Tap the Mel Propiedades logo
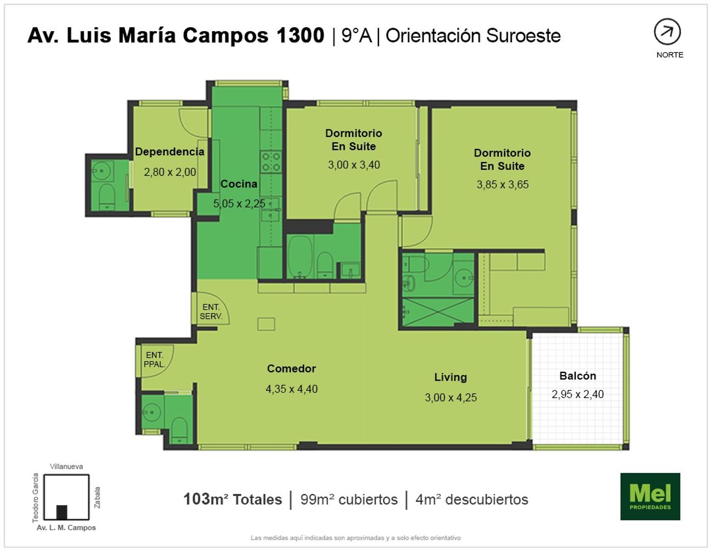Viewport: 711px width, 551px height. (x=650, y=496)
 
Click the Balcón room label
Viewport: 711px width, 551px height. (x=577, y=375)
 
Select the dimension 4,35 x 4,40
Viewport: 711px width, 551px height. (x=291, y=389)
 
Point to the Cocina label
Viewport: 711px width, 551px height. (x=238, y=184)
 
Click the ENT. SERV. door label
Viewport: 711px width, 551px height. (x=211, y=312)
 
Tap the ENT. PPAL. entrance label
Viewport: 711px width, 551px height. (x=155, y=359)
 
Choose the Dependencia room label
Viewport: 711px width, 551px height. (x=169, y=152)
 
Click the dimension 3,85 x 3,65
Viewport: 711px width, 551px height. (x=502, y=184)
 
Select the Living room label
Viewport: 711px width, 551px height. (x=451, y=377)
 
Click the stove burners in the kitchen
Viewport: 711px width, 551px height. (x=271, y=162)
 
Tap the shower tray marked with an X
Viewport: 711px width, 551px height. (x=438, y=311)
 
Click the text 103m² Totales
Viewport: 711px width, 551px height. (x=233, y=499)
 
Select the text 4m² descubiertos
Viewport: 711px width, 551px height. (x=472, y=499)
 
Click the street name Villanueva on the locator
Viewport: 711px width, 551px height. (x=66, y=466)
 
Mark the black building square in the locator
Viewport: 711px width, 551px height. (x=62, y=512)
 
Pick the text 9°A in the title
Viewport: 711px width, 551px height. (x=357, y=35)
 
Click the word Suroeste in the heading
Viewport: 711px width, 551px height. (x=524, y=36)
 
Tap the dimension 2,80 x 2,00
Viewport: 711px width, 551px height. (x=170, y=172)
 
